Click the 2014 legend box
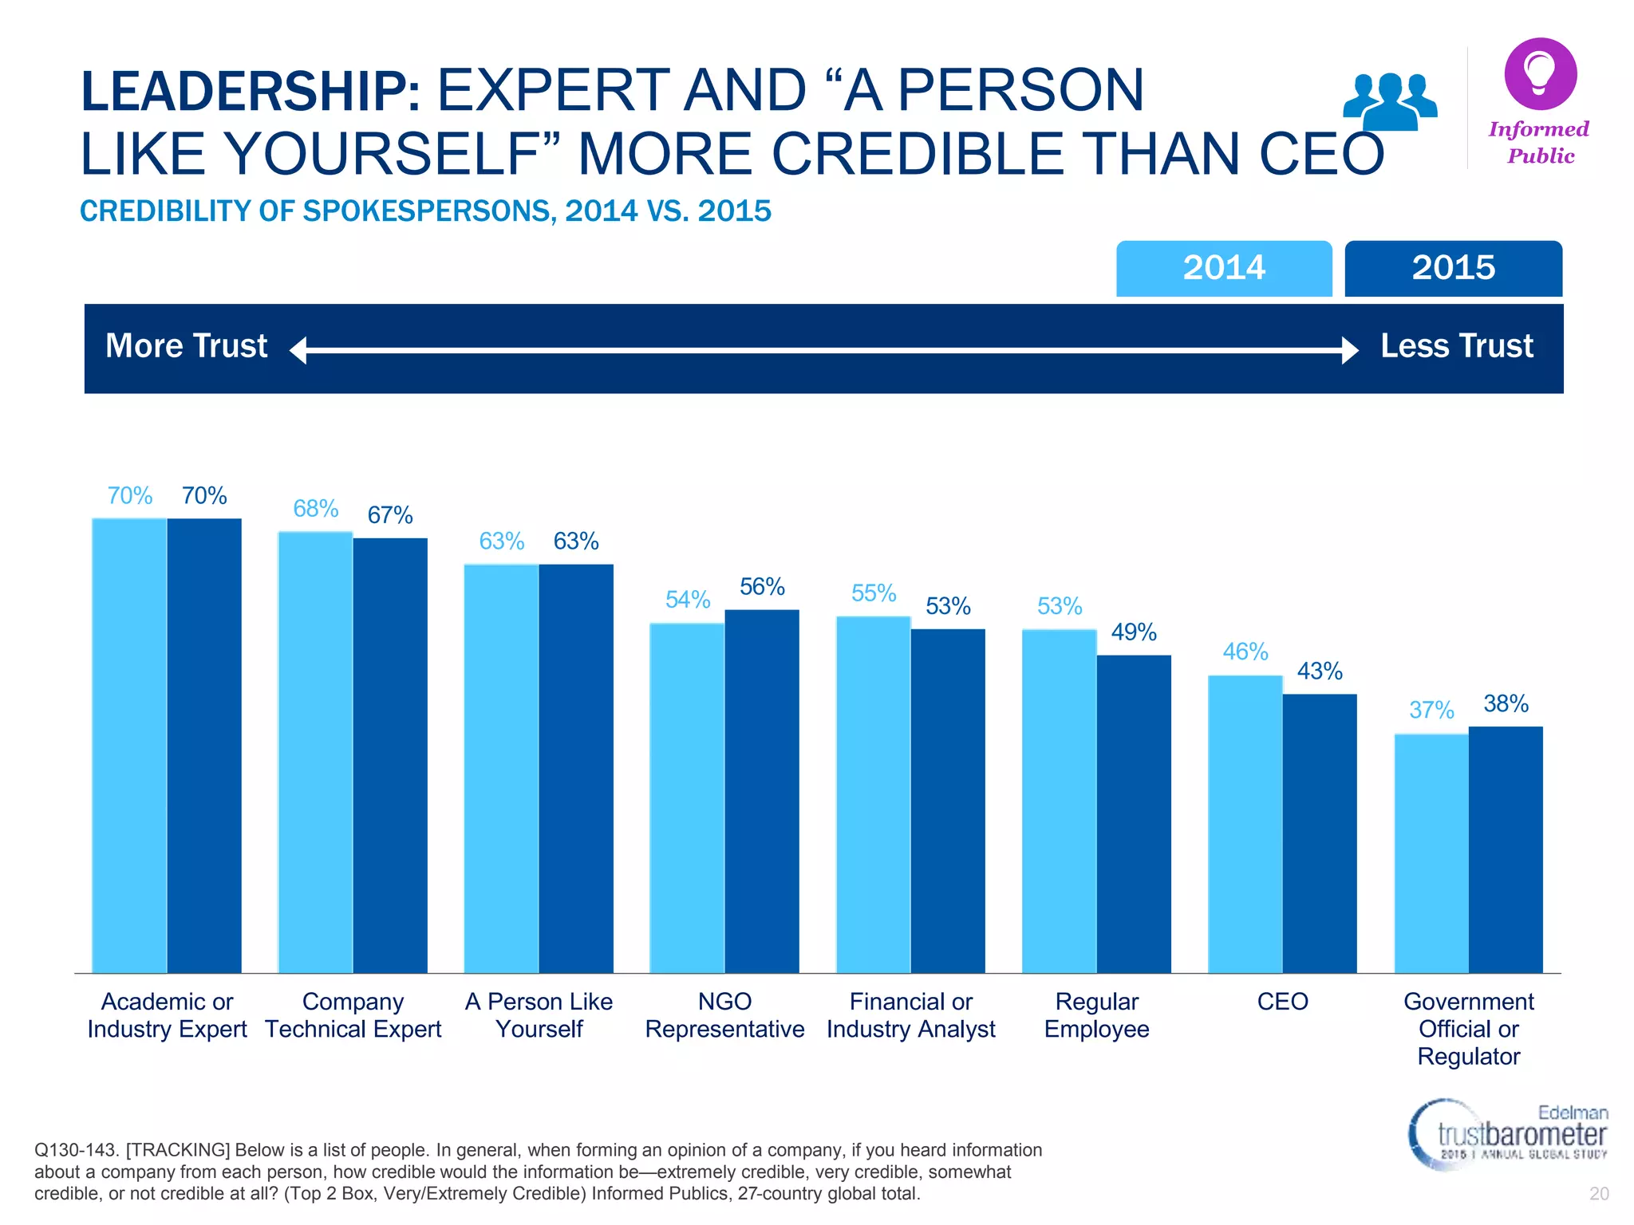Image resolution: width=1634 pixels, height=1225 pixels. pos(1223,268)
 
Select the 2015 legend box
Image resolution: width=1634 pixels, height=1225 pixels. pos(1453,268)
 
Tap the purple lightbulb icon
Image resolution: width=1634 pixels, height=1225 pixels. pos(1540,73)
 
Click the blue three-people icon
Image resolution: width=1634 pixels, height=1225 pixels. pos(1390,100)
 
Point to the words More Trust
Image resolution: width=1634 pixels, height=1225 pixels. pos(187,346)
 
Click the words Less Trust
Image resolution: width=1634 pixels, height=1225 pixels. pos(1456,346)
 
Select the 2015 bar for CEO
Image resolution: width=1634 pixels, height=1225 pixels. pos(1320,833)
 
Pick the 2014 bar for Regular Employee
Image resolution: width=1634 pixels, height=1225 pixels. pos(1059,801)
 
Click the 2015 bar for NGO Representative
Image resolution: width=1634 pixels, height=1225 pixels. pos(762,790)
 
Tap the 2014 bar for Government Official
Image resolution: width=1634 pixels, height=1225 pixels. pos(1431,853)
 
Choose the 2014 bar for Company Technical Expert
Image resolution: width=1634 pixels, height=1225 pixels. pos(315,752)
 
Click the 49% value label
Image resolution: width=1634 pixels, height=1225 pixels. pos(1134,632)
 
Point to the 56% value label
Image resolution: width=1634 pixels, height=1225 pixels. pos(762,587)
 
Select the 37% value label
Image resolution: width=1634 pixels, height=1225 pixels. pos(1431,710)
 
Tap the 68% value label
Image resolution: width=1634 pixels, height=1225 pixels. pos(315,509)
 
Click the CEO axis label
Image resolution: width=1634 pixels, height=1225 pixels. pos(1282,1002)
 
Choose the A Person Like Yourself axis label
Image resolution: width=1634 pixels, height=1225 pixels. pos(539,1015)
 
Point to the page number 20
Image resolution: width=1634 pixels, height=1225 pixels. pos(1599,1194)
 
